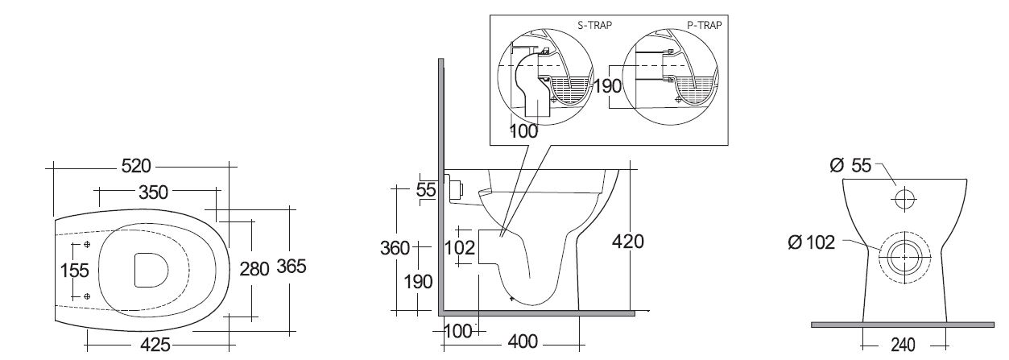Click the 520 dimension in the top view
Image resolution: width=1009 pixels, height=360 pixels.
click(x=136, y=167)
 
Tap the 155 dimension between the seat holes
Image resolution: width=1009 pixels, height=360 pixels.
click(x=74, y=271)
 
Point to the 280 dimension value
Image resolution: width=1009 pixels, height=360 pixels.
click(x=254, y=268)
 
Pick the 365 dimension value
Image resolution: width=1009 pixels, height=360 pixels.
click(x=291, y=267)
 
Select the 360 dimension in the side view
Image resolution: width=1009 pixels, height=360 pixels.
click(x=395, y=248)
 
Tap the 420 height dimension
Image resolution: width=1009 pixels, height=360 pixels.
click(x=627, y=241)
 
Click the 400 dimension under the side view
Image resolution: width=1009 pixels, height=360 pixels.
click(x=523, y=342)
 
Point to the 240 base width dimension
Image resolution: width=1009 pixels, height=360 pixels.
click(x=903, y=345)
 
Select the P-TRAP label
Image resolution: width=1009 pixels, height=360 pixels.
click(x=705, y=25)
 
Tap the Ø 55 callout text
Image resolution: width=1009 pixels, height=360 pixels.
click(x=850, y=166)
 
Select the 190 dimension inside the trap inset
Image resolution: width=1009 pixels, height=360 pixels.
click(x=609, y=85)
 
